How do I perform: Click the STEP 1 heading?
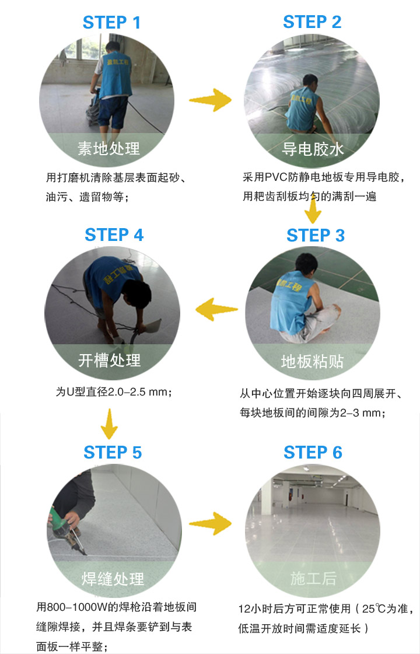pos(111,23)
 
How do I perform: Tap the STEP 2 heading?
pos(312,22)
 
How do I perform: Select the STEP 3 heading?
pos(316,236)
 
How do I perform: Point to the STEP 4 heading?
pos(114,235)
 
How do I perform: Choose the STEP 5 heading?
pos(113,452)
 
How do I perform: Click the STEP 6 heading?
pos(313,452)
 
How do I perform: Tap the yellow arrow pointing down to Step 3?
pos(313,209)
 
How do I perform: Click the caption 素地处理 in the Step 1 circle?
pos(109,148)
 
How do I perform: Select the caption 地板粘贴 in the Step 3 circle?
pos(312,362)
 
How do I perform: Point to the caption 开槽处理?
pos(110,360)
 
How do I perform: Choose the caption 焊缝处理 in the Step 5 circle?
pos(113,579)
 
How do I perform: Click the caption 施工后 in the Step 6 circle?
pos(313,579)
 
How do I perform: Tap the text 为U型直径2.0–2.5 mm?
pos(113,391)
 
